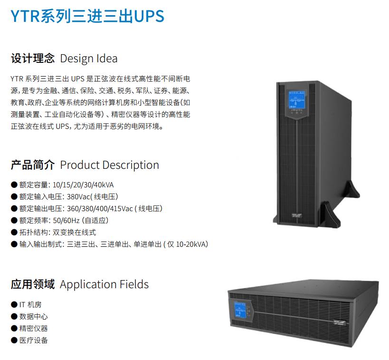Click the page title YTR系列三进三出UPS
(x=87, y=16)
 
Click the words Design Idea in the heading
(x=88, y=58)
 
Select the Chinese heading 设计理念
(x=33, y=58)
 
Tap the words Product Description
(x=109, y=165)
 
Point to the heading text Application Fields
(x=104, y=284)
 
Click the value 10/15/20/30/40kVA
(x=83, y=185)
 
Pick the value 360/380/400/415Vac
(x=100, y=209)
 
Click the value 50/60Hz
(x=66, y=220)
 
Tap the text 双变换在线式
(x=74, y=232)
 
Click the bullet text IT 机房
(x=30, y=304)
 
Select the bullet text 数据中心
(x=34, y=317)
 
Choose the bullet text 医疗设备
(x=34, y=341)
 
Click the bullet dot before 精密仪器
(x=14, y=329)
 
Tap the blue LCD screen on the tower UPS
(x=296, y=99)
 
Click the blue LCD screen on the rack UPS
(x=240, y=310)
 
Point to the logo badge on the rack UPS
(x=340, y=323)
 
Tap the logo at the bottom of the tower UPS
(x=297, y=215)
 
